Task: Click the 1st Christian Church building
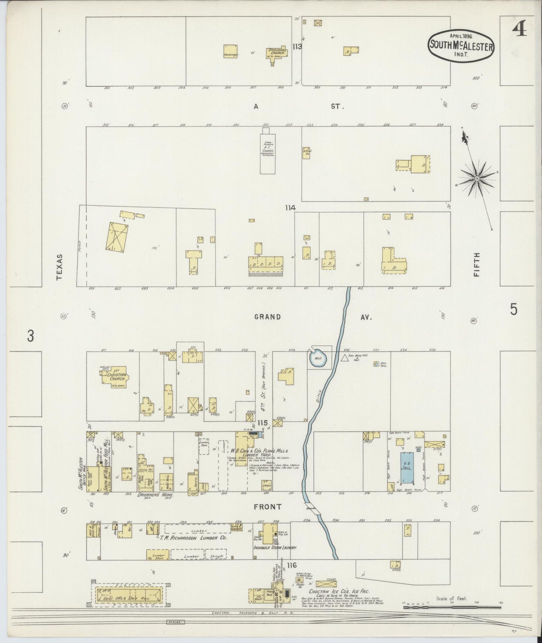point(114,379)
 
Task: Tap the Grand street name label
point(267,317)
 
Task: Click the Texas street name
point(60,267)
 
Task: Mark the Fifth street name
point(476,264)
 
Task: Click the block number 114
point(290,207)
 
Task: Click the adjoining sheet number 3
point(31,336)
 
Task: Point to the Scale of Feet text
point(451,598)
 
